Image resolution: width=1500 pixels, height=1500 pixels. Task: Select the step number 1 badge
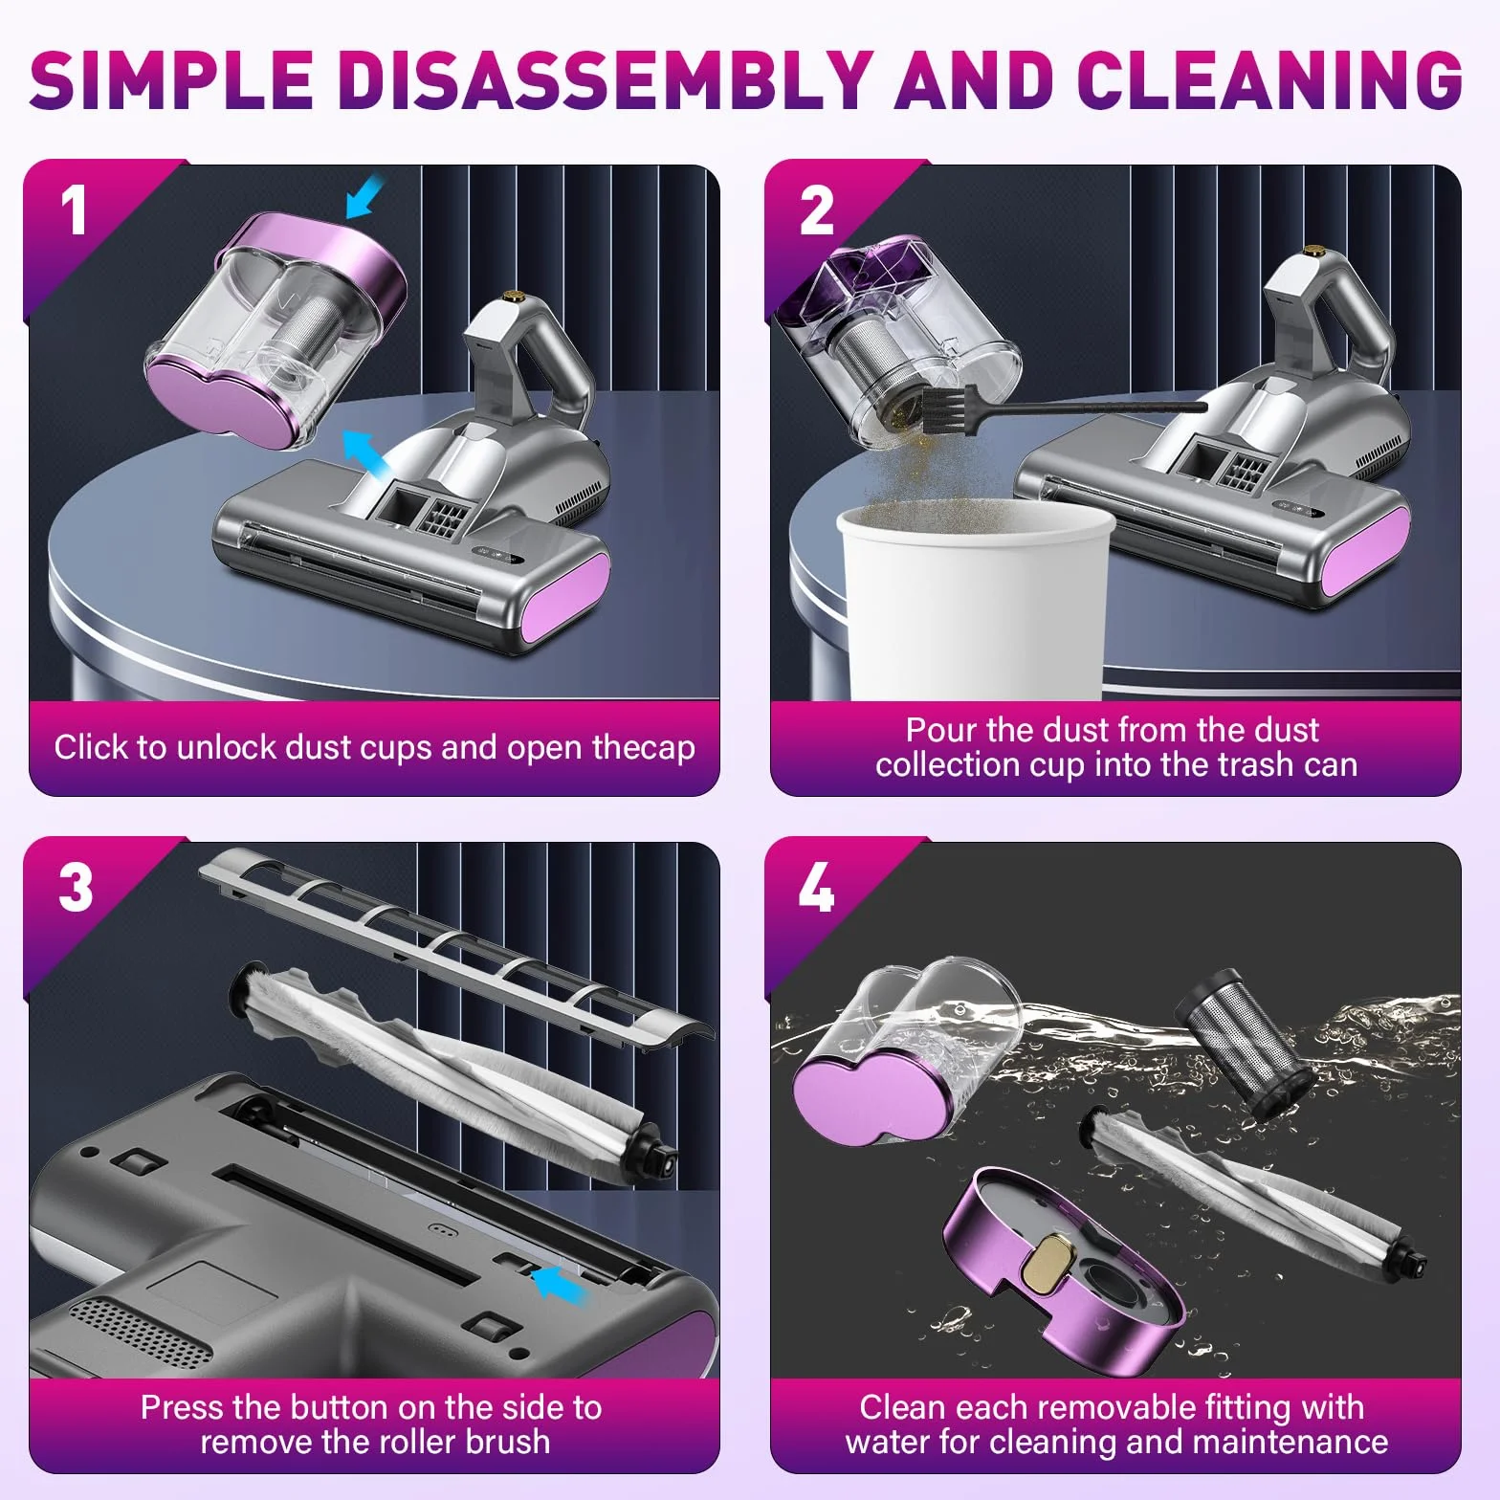75,210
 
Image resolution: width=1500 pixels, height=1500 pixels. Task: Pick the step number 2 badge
816,210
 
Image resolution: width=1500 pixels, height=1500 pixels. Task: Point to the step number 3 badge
75,888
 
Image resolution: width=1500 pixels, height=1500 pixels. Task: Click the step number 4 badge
816,888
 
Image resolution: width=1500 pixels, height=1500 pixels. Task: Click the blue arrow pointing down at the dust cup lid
364,198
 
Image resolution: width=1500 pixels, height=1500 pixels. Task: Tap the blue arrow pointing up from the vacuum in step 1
367,450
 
